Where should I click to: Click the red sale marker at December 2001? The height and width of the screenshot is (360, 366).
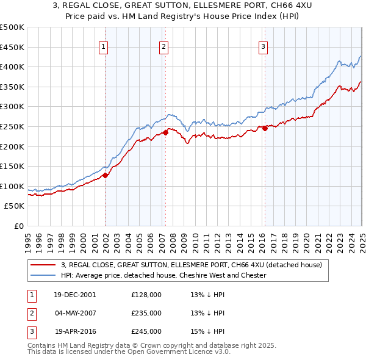(x=106, y=175)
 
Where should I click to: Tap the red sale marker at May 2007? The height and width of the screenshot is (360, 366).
(x=165, y=132)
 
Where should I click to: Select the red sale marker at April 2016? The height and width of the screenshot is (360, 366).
(x=265, y=128)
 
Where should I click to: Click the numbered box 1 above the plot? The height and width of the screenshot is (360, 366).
(x=104, y=46)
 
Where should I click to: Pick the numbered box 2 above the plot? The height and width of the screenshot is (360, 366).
(x=164, y=46)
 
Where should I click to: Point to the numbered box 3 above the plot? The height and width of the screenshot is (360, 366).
(x=263, y=46)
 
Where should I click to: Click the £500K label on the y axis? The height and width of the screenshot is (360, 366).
(x=12, y=27)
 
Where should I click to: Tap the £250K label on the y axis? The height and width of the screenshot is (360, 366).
(x=12, y=126)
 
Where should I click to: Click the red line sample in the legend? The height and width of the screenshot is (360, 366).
(x=43, y=265)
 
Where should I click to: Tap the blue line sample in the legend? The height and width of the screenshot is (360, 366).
(x=43, y=275)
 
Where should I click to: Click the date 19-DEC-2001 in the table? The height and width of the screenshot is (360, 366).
(x=75, y=295)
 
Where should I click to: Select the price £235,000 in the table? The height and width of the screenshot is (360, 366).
(x=146, y=313)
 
